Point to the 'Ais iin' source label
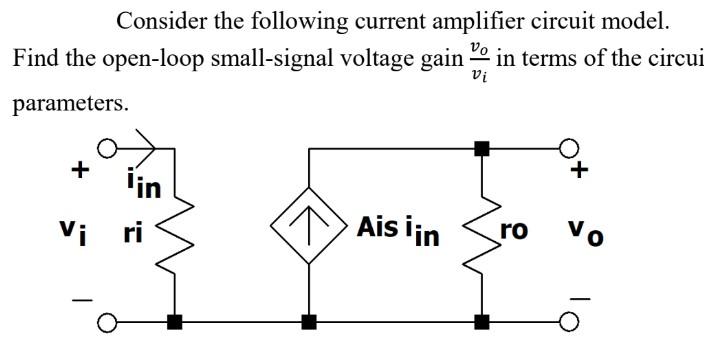click(398, 230)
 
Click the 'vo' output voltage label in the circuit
click(579, 234)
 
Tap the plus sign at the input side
click(76, 169)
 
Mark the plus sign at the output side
click(578, 171)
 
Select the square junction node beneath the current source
click(308, 322)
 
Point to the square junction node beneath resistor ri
click(178, 322)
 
